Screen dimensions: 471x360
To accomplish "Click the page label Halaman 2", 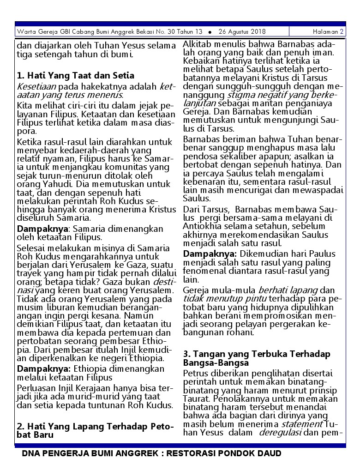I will point(328,32).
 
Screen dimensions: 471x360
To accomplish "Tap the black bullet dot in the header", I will point(210,32).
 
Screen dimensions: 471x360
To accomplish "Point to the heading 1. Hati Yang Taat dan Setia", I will point(76,75).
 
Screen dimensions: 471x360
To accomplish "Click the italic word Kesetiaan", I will point(36,86).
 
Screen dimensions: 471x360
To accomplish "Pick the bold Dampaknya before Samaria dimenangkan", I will point(42,229).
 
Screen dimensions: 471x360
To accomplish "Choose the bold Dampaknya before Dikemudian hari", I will point(210,254).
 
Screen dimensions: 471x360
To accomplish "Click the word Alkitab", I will point(197,44).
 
